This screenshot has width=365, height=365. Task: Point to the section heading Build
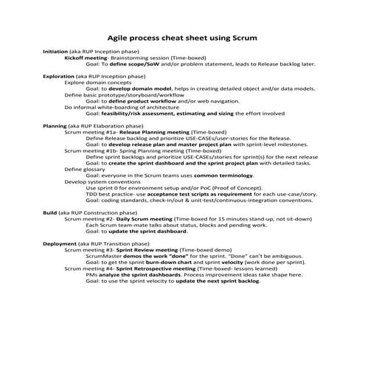[50, 212]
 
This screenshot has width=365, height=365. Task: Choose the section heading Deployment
[61, 243]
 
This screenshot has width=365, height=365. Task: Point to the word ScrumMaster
[103, 255]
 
